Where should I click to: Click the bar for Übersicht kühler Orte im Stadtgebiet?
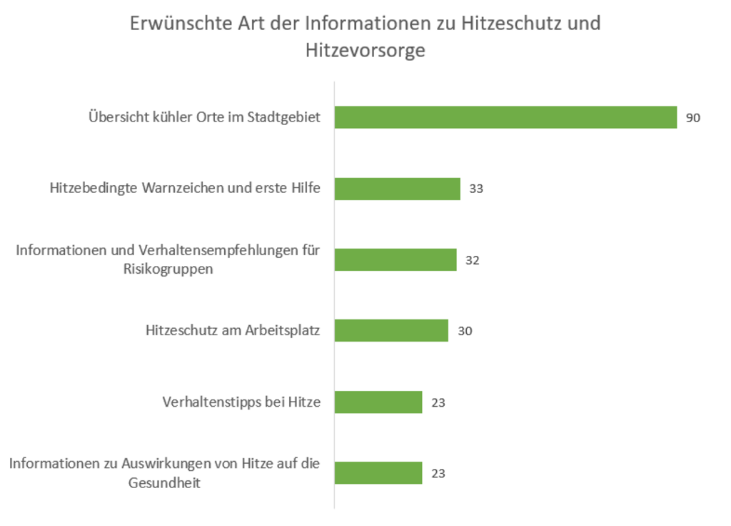[x=505, y=117]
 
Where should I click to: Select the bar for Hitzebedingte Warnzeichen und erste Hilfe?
[x=397, y=189]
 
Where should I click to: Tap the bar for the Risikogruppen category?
[x=395, y=259]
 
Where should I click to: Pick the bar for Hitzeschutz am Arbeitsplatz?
[x=391, y=330]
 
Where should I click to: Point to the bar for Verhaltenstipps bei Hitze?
[x=378, y=402]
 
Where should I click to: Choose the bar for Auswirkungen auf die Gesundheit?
[x=378, y=472]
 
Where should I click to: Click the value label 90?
[x=693, y=118]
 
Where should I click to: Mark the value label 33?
[x=476, y=189]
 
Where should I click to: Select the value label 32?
[x=472, y=260]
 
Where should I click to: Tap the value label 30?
[x=465, y=331]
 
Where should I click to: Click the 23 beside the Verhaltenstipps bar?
[x=438, y=402]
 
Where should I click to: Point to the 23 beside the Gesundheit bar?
[x=438, y=473]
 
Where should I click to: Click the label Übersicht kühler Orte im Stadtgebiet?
[x=204, y=117]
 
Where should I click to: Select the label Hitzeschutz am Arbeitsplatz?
[x=233, y=330]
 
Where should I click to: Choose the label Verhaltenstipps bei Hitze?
[x=241, y=402]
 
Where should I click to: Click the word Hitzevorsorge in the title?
[x=365, y=51]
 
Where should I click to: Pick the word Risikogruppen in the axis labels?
[x=168, y=269]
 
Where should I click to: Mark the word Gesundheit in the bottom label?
[x=165, y=482]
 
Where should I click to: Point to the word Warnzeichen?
[x=182, y=189]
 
